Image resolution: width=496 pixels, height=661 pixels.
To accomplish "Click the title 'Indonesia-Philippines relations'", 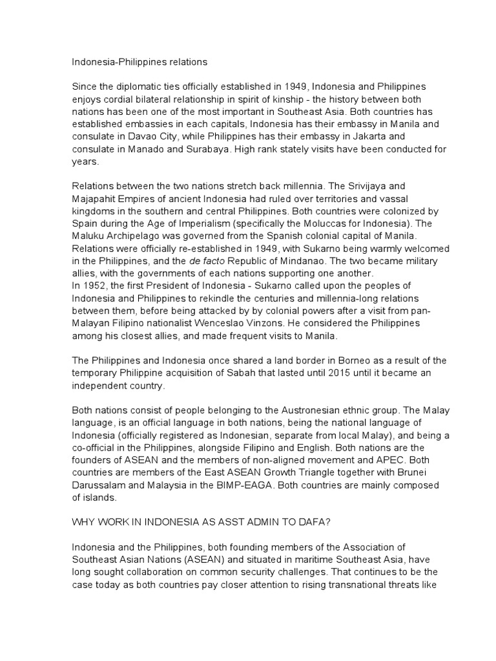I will [x=139, y=63].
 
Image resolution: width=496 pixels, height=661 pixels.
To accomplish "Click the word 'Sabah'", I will [x=264, y=373].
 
